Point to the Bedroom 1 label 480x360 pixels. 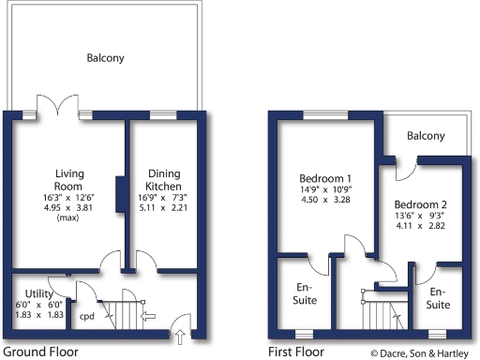click(325, 179)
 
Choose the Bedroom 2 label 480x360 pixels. click(420, 205)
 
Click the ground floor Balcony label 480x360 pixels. click(105, 58)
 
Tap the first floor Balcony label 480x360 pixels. click(426, 137)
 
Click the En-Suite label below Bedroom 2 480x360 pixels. click(439, 299)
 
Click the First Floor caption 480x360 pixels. click(296, 352)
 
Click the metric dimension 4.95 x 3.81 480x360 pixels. click(69, 207)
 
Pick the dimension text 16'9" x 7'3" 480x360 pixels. click(164, 198)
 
